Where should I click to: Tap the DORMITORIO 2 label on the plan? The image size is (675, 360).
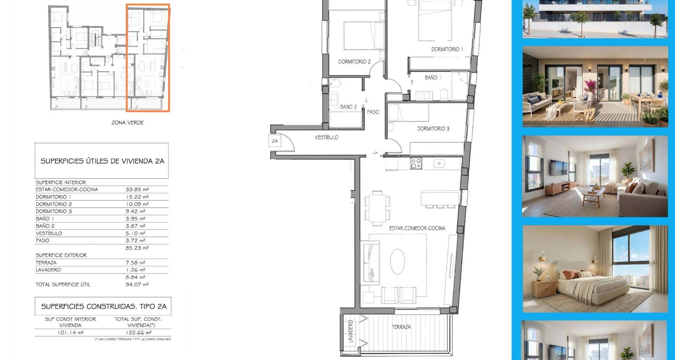point(354,62)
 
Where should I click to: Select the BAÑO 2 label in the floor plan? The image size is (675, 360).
point(348,107)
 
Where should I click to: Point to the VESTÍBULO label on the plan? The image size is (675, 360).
point(327,137)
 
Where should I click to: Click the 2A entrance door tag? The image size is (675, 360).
point(275,141)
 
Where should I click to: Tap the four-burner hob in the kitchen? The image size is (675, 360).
point(416,163)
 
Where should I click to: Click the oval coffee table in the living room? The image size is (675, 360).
point(398,262)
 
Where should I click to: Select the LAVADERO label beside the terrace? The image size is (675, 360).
point(351,332)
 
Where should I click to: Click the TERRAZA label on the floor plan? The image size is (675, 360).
point(401,327)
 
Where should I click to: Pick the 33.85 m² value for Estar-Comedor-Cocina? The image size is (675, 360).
point(137,189)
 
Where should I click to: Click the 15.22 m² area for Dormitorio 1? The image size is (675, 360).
point(137,197)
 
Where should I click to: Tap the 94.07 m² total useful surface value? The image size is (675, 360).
point(137,284)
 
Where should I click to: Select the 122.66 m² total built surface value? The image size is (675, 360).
point(139,332)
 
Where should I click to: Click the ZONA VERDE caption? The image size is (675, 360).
point(128,123)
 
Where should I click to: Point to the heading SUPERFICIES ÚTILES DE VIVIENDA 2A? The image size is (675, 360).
point(102,161)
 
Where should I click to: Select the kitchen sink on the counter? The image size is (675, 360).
point(439,163)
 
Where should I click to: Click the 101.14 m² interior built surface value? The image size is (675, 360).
point(71,332)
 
